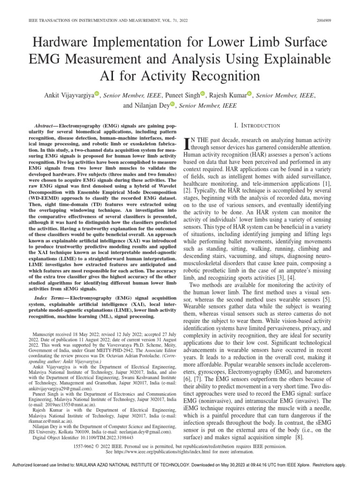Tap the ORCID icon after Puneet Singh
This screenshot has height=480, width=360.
click(202, 95)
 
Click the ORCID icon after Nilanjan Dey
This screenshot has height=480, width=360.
click(172, 105)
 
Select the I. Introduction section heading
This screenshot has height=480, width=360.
click(257, 126)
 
